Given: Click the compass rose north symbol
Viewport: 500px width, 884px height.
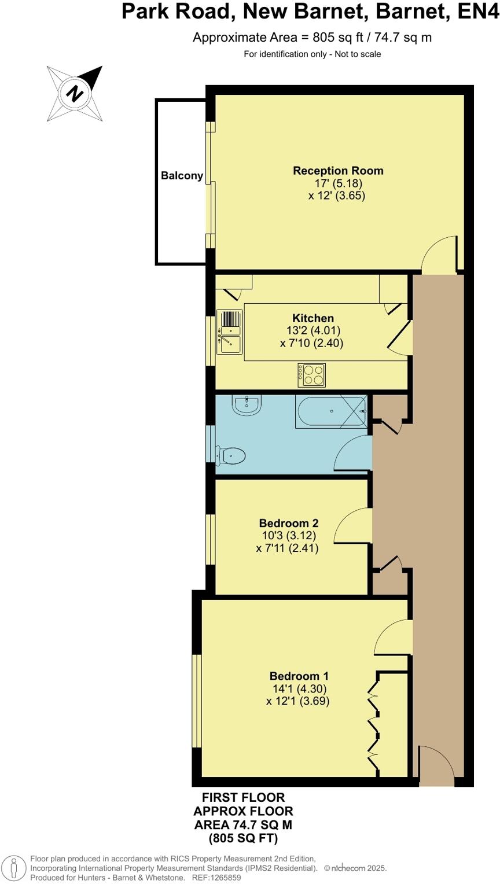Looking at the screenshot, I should (75, 93).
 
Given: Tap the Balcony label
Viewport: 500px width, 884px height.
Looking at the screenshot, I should (182, 176).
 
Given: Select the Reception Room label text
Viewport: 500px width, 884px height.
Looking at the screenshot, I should (338, 171).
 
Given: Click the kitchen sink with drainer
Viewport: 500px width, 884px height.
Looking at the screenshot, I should (229, 331).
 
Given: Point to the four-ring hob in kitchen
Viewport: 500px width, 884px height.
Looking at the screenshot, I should (311, 375).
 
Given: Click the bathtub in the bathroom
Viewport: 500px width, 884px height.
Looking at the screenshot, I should (331, 411).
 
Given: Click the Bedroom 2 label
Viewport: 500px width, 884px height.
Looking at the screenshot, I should (288, 523).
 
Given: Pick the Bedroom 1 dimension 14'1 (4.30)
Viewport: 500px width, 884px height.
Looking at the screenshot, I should (299, 689).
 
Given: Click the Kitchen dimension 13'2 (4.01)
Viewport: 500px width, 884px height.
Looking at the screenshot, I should (313, 330).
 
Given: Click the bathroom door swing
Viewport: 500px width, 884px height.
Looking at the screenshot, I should (353, 454).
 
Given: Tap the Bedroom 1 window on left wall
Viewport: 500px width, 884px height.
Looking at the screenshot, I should (197, 701).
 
